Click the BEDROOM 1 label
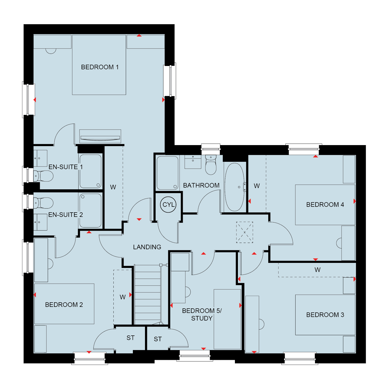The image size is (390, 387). point(100,67)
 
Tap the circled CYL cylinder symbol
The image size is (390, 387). point(168,204)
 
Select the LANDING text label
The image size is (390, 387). point(147,247)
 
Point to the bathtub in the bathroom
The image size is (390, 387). point(234,187)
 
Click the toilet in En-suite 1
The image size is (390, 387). point(43,176)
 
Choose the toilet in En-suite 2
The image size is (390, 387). point(43,203)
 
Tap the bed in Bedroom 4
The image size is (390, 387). point(325,205)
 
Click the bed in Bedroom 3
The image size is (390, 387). point(325,315)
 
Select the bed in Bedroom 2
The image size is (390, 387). point(64,304)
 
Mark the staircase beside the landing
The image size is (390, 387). point(148,294)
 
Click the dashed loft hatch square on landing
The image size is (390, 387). point(245,232)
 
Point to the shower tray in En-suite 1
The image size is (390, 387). point(91,171)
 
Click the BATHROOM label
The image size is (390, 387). point(201,185)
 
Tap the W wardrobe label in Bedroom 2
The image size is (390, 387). point(123,297)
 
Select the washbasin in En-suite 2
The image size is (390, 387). point(40,222)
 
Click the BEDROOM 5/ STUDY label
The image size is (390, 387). point(202,314)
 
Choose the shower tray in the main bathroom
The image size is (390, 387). point(167,173)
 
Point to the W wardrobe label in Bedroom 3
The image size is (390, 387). point(318,270)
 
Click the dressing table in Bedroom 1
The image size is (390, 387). point(100,136)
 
